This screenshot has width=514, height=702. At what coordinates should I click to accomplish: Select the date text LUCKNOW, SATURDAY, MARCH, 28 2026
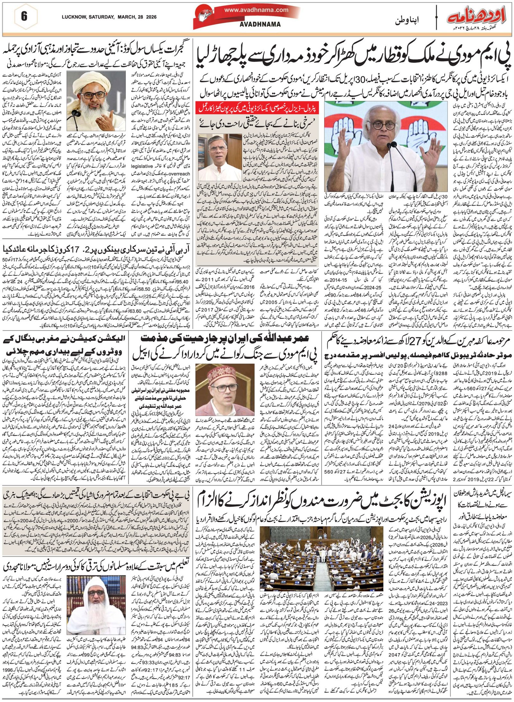point(109,17)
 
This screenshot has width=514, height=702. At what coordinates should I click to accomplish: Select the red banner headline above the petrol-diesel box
point(257,108)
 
